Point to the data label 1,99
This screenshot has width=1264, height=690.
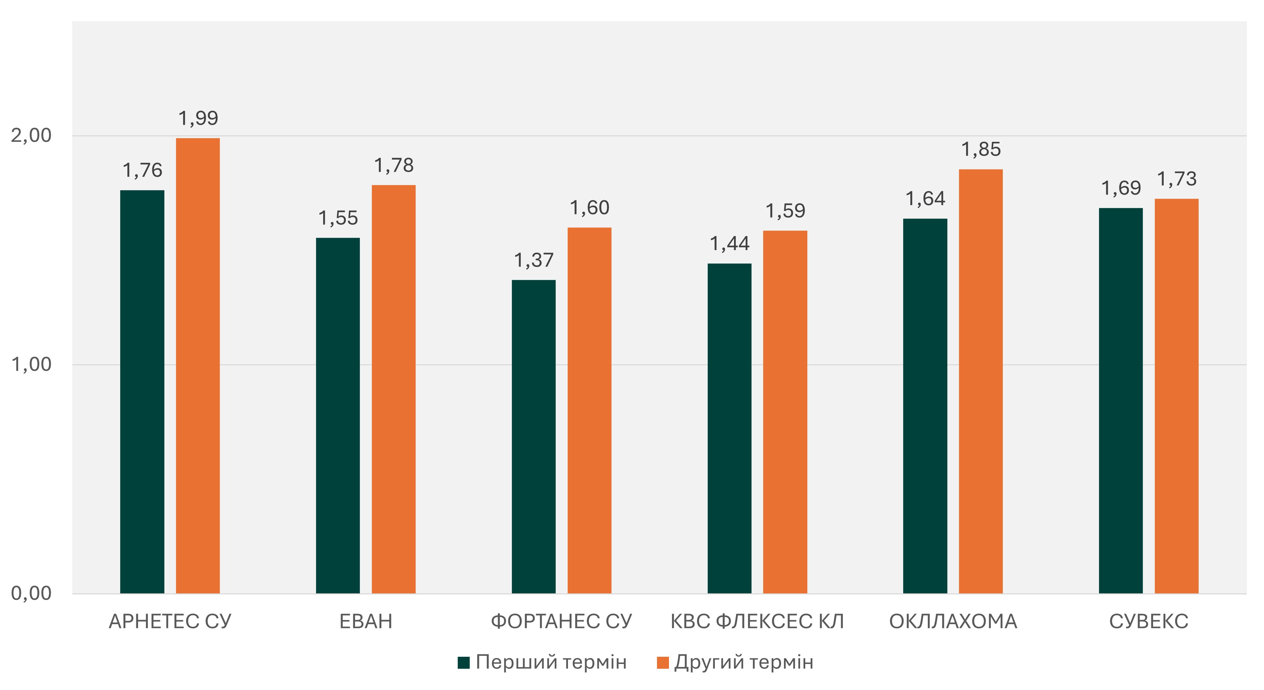(198, 118)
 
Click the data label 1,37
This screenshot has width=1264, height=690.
(533, 260)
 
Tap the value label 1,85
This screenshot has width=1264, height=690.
(981, 150)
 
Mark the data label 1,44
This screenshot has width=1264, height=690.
(729, 244)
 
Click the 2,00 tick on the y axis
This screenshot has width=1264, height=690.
(31, 136)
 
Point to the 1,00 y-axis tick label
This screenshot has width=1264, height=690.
(31, 365)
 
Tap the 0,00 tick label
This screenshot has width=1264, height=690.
(31, 593)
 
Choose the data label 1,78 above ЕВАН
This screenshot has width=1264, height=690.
(393, 165)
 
